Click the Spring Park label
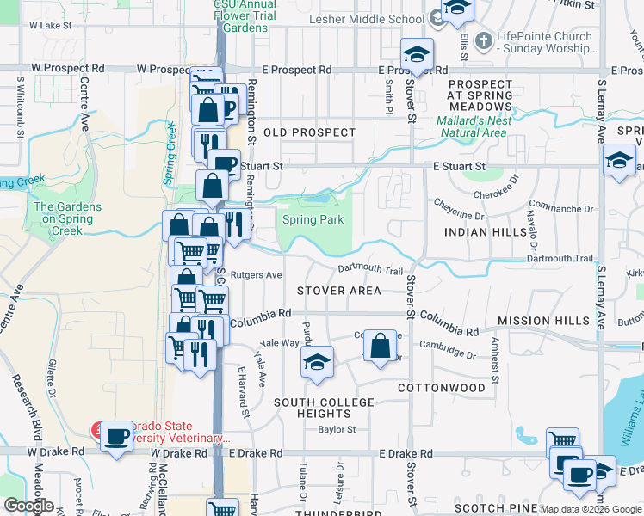point(313,220)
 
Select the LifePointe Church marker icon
point(484,40)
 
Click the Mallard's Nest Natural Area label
point(473,126)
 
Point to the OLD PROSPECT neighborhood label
point(309,132)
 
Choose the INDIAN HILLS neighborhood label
point(484,232)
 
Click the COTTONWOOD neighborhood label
point(442,388)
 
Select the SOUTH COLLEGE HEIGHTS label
point(325,408)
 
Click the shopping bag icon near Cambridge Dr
point(380,347)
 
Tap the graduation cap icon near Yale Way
point(317,362)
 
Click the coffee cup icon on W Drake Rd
point(115,436)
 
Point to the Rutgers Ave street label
point(261,275)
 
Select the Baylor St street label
point(337,429)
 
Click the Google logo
point(28,506)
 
